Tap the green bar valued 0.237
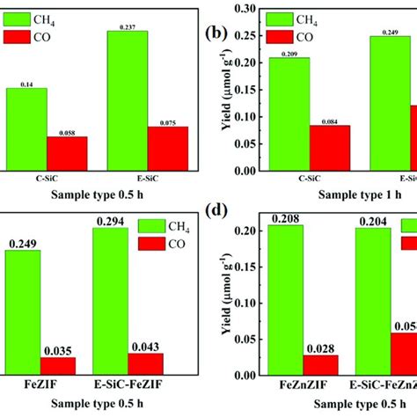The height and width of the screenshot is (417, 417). click(128, 100)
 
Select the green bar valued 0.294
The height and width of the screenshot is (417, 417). click(116, 303)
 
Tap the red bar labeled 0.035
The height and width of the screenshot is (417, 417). click(58, 366)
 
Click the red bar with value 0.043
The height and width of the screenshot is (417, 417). click(145, 364)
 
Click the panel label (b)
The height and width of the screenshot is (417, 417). click(214, 35)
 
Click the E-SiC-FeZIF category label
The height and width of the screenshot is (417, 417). click(129, 385)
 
